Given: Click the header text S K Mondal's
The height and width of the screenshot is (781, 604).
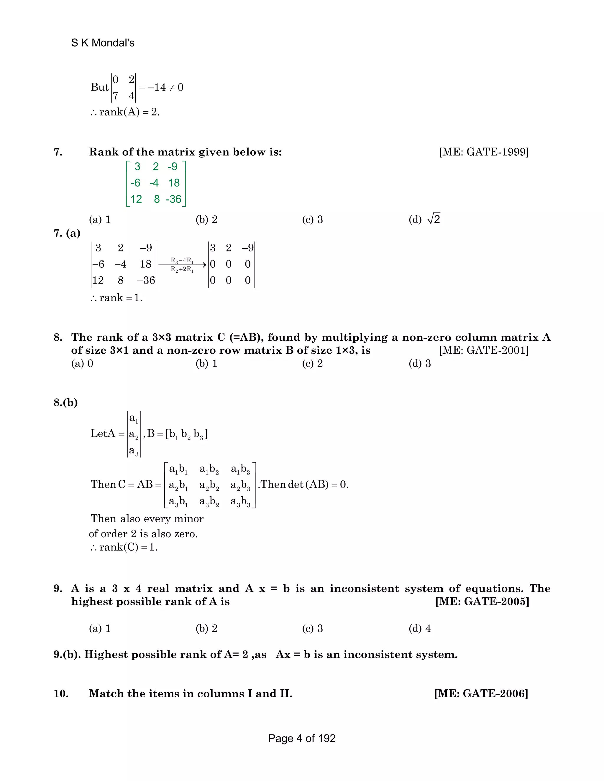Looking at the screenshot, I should click(103, 43).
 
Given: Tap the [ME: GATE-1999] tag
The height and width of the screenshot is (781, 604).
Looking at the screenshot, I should click(484, 152).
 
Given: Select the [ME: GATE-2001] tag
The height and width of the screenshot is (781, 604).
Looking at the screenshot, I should click(484, 350).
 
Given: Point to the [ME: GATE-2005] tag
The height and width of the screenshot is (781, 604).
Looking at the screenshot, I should click(482, 602).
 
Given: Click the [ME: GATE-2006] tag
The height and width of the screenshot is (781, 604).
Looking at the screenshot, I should click(481, 693).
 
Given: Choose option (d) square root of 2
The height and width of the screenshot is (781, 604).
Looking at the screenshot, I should click(425, 219).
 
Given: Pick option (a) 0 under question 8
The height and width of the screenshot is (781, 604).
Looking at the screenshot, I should click(82, 364).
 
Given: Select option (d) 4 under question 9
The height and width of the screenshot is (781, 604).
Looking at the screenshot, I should click(420, 628).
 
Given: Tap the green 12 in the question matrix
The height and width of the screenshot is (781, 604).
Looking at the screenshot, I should click(136, 199).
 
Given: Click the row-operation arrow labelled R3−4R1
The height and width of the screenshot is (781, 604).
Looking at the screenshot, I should click(182, 265).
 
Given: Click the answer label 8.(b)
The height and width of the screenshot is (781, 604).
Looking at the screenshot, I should click(65, 403).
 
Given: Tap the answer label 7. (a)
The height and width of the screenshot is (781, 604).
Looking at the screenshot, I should click(67, 233).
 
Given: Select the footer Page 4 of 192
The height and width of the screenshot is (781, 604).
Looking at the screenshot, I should click(302, 739).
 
